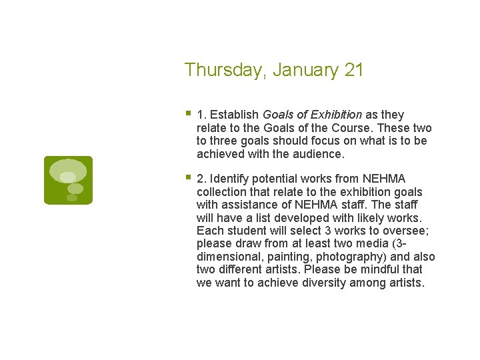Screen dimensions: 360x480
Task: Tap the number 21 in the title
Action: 354,70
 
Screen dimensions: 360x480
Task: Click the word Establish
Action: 234,115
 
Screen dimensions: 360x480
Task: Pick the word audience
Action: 319,154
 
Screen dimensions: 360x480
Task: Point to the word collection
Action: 223,192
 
